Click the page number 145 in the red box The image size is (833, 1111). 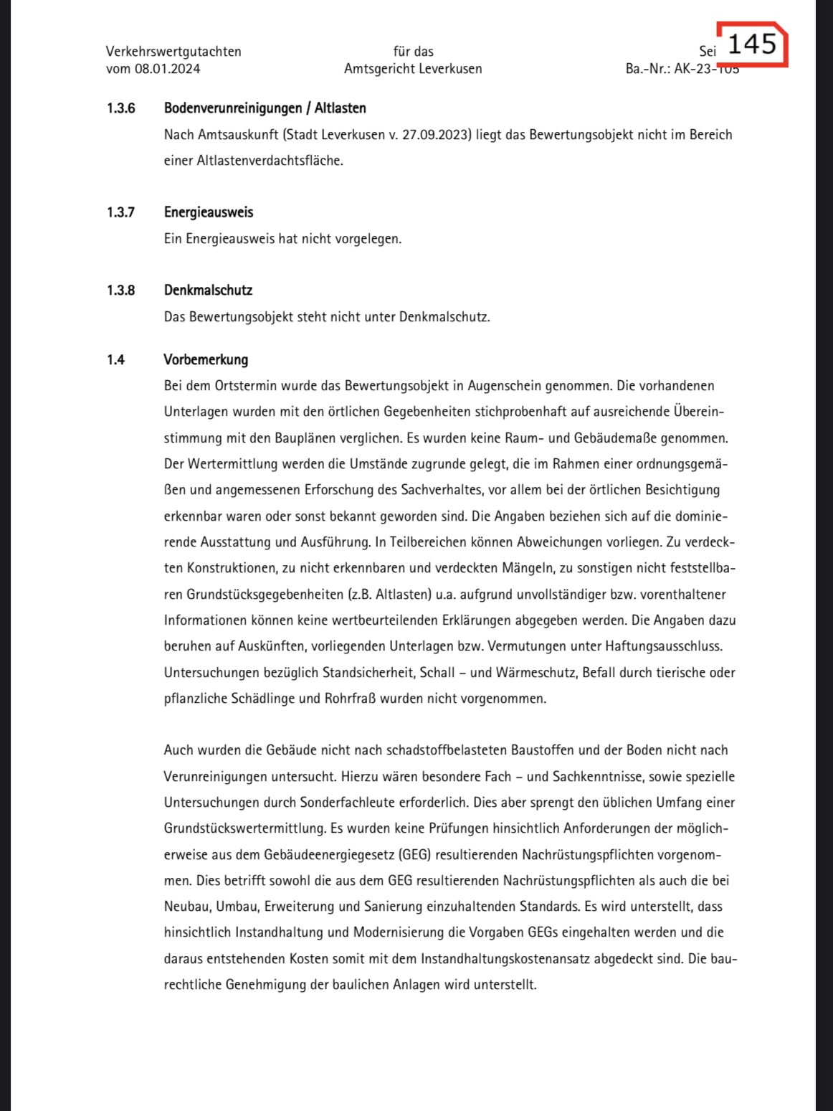pos(752,44)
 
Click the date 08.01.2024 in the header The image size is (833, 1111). pos(168,69)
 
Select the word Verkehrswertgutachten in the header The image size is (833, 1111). pos(173,52)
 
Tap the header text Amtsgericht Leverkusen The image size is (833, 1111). pos(413,69)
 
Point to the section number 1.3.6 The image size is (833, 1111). pos(121,108)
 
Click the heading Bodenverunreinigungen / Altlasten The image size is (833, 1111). pos(265,108)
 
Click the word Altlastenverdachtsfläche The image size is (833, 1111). pos(269,161)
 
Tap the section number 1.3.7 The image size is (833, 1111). pos(121,212)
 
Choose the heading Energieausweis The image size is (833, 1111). pos(209,212)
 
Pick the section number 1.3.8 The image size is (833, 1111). pos(121,290)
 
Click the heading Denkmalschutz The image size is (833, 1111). pos(208,290)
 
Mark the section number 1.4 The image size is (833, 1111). pos(116,360)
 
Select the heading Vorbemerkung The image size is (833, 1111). pos(206,360)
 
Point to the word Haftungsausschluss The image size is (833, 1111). pos(663,646)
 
